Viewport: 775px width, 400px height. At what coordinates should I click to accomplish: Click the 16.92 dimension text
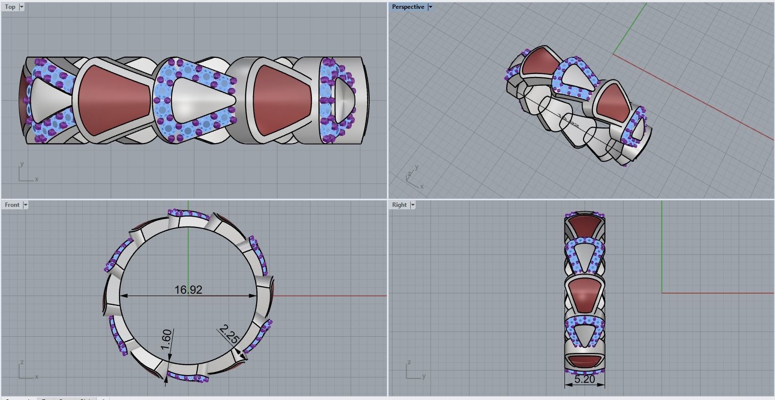(x=188, y=290)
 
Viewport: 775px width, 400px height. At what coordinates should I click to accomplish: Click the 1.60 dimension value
(x=166, y=339)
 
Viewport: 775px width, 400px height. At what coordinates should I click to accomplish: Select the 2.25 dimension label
(x=229, y=334)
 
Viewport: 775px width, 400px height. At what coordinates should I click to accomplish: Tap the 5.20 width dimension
(x=584, y=379)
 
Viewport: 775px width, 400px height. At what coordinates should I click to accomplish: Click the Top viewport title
(x=10, y=7)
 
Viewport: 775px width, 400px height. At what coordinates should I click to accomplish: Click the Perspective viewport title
(x=408, y=7)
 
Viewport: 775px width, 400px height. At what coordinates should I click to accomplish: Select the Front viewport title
(x=12, y=205)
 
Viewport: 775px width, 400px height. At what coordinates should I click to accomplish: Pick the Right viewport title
(x=399, y=205)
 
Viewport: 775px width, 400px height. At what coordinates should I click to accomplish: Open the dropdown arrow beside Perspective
(x=430, y=7)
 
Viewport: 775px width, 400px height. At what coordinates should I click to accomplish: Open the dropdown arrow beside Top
(x=22, y=7)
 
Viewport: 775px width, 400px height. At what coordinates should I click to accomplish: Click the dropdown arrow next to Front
(x=25, y=205)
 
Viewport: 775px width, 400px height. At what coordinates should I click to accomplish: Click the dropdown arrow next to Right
(x=413, y=205)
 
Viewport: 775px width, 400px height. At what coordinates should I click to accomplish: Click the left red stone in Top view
(x=114, y=100)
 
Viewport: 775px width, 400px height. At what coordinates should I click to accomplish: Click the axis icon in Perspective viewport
(x=414, y=179)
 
